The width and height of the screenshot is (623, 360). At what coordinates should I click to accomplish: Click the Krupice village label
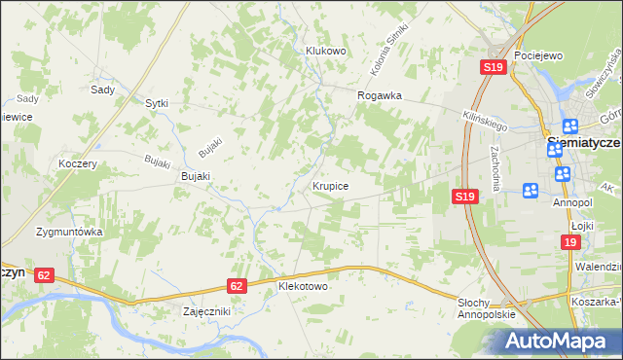click(x=331, y=184)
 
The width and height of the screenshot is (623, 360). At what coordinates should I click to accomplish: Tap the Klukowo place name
click(x=326, y=51)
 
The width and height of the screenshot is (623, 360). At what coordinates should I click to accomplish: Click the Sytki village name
click(x=157, y=102)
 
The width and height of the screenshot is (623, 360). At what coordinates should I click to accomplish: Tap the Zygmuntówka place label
click(x=69, y=233)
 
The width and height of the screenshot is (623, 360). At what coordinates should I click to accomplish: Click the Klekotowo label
click(x=303, y=287)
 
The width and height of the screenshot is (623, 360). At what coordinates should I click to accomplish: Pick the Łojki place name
click(x=583, y=224)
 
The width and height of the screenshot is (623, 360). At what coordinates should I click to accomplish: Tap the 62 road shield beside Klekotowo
click(x=238, y=285)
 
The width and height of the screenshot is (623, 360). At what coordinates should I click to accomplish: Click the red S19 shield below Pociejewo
click(x=493, y=67)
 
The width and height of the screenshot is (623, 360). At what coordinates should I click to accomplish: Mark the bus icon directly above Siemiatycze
click(x=570, y=126)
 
